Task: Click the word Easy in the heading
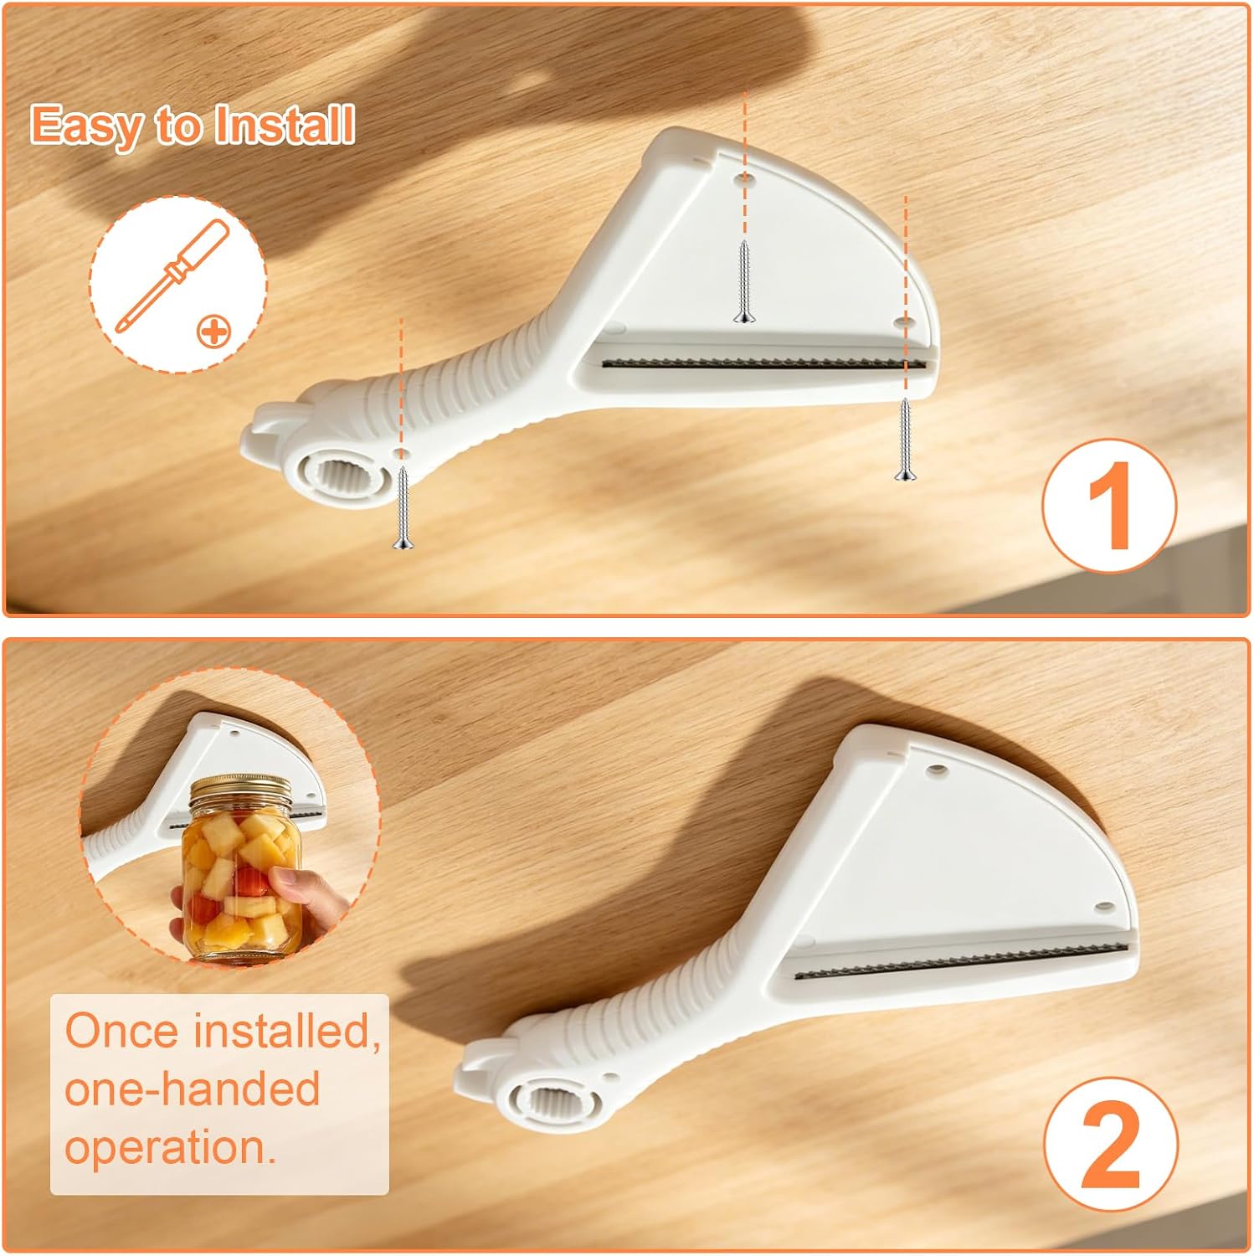click(x=86, y=126)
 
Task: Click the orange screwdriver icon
click(x=171, y=275)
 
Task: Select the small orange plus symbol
click(x=213, y=331)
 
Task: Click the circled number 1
click(x=1109, y=505)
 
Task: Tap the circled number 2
click(x=1111, y=1144)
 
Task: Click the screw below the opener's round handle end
click(x=402, y=507)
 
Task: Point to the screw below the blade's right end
click(x=905, y=439)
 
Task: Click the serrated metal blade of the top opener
click(x=765, y=363)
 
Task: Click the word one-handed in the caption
click(x=193, y=1089)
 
